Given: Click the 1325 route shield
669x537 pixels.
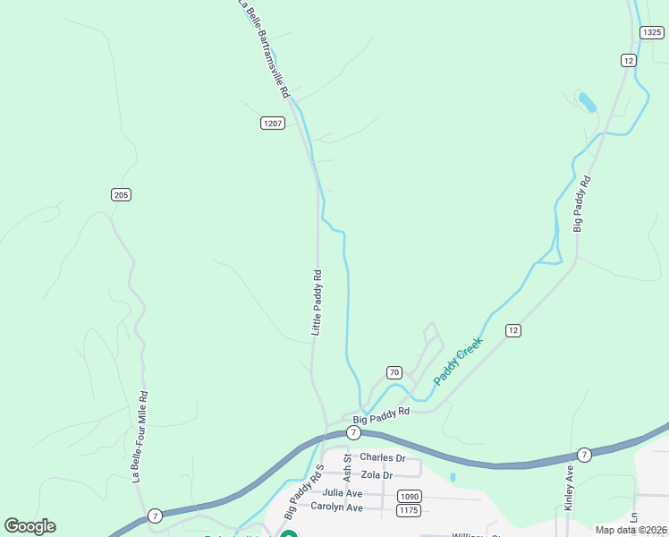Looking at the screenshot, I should [x=651, y=32].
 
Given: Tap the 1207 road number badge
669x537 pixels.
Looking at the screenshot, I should [x=273, y=123].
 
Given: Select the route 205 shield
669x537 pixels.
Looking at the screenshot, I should [x=121, y=194].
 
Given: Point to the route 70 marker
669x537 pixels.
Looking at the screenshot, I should [x=394, y=371].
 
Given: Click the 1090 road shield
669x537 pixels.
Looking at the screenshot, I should [x=409, y=496].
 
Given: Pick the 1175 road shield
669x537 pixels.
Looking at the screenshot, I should [x=409, y=510].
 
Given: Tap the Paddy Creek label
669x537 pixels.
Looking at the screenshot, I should [x=458, y=361].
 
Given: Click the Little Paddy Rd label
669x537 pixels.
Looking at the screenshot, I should [x=317, y=303].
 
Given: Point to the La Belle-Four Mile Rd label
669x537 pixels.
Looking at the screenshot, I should [x=140, y=436].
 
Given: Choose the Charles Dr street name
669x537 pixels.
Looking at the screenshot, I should [x=382, y=458].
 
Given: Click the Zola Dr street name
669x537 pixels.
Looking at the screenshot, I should [x=376, y=474].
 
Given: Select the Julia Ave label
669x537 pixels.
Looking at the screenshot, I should [x=342, y=492].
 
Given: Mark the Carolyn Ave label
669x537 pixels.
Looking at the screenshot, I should [x=336, y=507].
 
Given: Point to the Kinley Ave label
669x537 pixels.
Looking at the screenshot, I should [x=569, y=487].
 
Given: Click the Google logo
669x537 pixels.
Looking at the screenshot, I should [x=30, y=526].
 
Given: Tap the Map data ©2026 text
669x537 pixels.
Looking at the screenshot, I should [x=631, y=530].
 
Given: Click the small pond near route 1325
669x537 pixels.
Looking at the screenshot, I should [x=588, y=101].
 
